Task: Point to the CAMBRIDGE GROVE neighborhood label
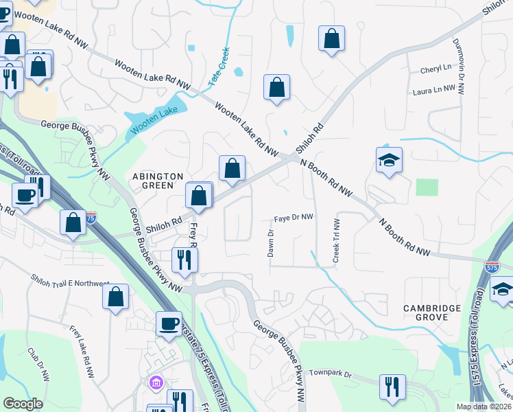coord(434,312)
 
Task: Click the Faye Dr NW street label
coord(294,218)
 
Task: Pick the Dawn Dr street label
coord(271,243)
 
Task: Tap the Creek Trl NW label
coord(336,240)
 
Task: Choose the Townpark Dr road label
coord(329,375)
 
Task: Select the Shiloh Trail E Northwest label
coord(69,281)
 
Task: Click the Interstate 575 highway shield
coord(491,267)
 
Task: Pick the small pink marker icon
coord(155,382)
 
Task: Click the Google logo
coord(23,404)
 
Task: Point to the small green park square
coord(427,187)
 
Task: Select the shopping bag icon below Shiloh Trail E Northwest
coord(115,297)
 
